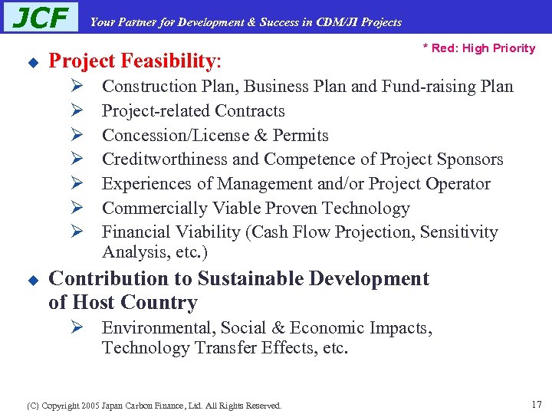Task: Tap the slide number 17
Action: coord(536,403)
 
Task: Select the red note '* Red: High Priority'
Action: coord(479,48)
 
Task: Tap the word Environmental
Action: coord(156,328)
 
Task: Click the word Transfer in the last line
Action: coord(222,349)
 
